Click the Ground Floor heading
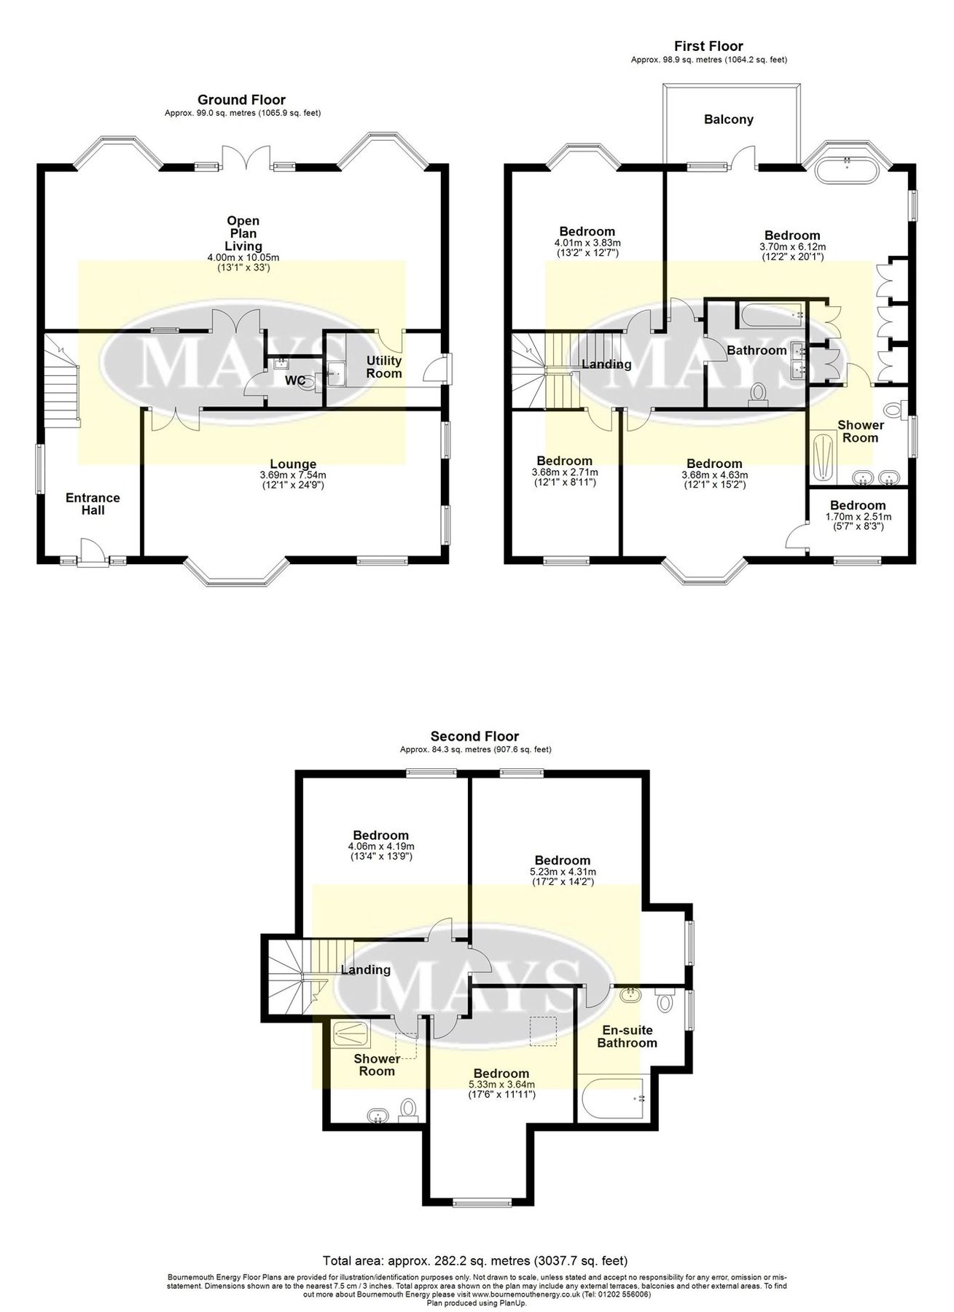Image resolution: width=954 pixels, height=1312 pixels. coord(241,100)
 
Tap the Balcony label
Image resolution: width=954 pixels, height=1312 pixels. coord(728,120)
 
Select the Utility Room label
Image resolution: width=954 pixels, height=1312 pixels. coord(383,367)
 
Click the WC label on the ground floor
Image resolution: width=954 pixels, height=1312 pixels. coord(294,380)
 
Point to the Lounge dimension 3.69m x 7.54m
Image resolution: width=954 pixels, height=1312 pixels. coord(293,475)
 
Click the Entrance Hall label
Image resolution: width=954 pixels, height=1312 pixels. coord(93,504)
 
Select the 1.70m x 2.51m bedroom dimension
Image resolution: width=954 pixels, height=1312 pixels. coord(857,516)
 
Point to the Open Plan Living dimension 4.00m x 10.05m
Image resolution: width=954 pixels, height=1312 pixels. coord(243,257)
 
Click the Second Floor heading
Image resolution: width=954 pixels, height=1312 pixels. coord(474,736)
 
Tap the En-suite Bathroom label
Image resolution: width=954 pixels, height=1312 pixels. coord(627,1036)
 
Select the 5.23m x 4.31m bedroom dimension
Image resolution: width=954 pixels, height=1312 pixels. coord(561,871)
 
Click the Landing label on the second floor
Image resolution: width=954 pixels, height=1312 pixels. coord(366,969)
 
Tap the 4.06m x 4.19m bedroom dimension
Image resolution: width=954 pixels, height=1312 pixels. coord(380,846)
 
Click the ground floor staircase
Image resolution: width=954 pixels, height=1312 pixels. coord(61,379)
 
